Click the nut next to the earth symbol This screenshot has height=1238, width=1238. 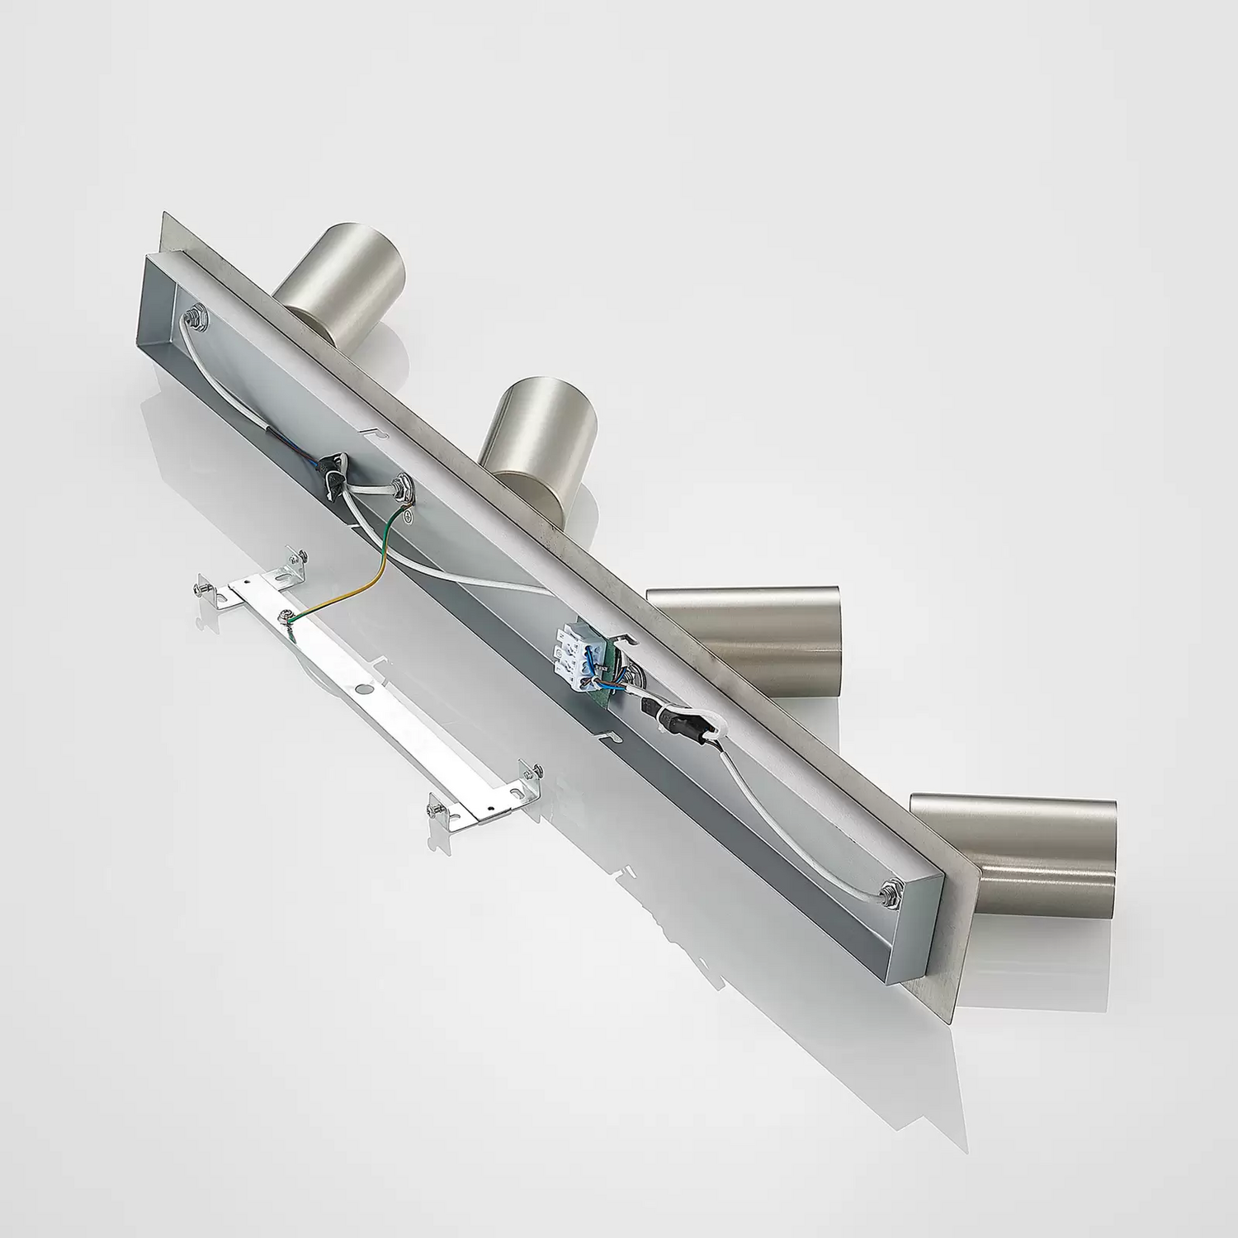[x=404, y=489]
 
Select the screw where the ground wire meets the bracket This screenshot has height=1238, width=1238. [x=286, y=614]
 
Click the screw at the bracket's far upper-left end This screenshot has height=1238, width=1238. [x=200, y=588]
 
